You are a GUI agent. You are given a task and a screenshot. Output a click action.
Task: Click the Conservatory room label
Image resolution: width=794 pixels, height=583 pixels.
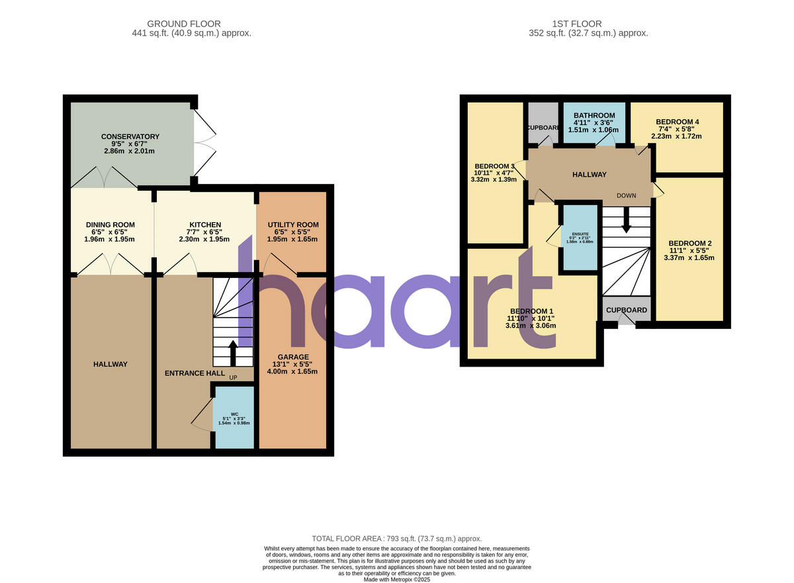point(130,137)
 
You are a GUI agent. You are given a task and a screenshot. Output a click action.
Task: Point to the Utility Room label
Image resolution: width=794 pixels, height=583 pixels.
point(292,225)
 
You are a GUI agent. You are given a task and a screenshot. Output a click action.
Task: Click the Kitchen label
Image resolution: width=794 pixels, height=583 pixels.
point(204,225)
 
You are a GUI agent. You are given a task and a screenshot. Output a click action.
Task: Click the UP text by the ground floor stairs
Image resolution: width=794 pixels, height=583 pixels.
point(233,377)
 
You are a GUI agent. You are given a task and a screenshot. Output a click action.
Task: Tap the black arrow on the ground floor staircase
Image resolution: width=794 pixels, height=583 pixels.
point(232,351)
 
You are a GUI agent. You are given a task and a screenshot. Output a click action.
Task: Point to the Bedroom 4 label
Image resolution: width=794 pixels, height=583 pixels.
point(677,122)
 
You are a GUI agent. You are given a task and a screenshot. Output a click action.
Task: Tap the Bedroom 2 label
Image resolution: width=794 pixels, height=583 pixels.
point(689,244)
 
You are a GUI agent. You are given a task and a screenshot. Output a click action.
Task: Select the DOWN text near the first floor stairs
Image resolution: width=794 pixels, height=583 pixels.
point(626,196)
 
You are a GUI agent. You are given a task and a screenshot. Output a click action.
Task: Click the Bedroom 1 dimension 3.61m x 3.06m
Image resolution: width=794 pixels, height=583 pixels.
point(531,326)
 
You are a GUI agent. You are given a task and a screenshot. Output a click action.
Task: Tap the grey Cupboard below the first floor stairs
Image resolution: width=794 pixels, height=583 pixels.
point(626,310)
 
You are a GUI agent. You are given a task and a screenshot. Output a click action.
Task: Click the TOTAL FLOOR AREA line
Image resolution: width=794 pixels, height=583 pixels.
point(397,539)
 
